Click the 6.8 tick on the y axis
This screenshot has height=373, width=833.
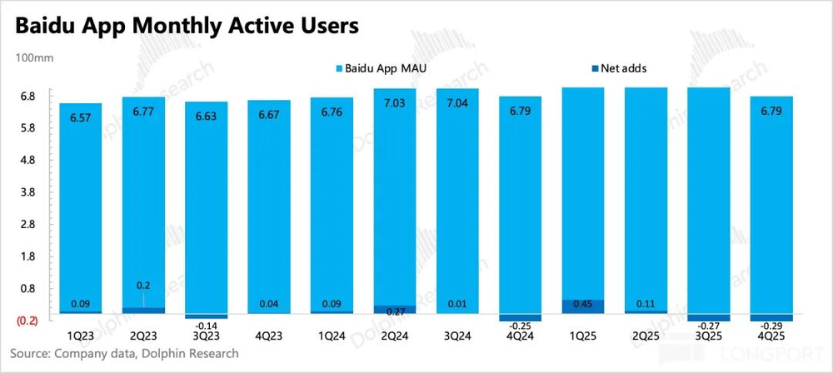point(27,97)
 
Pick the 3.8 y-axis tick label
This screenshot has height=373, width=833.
point(27,192)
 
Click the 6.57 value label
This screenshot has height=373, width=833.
point(80,118)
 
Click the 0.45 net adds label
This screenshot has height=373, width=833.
point(581,303)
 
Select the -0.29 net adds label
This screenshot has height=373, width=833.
point(770,327)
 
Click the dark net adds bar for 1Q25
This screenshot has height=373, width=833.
point(581,306)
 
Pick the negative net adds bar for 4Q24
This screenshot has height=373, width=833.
point(519,317)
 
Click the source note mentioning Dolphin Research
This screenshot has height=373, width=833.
point(125,354)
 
